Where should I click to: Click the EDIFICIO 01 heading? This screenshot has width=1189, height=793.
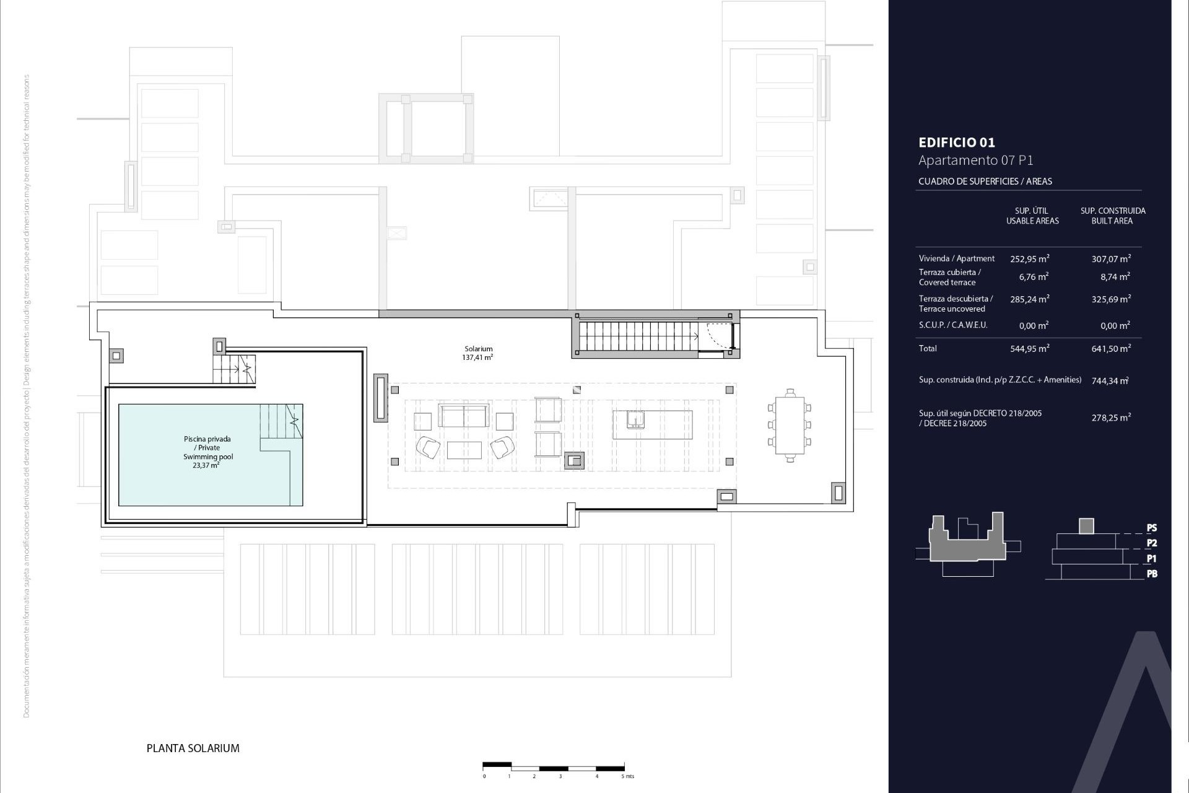957,142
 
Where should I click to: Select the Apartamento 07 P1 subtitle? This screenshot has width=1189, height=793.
975,160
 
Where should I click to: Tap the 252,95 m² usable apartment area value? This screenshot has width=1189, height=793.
1029,259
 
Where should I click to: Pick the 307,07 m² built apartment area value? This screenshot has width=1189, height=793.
1111,259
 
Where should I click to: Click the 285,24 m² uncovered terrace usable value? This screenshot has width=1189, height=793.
1029,299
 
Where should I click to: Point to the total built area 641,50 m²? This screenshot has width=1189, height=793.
1111,349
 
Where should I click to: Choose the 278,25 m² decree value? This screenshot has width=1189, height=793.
1111,418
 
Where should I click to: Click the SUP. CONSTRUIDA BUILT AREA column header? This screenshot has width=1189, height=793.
1113,216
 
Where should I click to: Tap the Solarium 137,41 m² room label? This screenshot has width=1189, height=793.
477,353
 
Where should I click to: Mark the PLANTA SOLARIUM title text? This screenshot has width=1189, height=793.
193,748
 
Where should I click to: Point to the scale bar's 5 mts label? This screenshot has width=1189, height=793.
627,776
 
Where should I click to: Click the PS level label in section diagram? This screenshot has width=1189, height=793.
1151,528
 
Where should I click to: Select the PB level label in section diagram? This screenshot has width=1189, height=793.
1151,574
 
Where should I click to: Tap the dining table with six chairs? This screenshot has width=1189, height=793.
790,425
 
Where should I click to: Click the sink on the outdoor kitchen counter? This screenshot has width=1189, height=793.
635,420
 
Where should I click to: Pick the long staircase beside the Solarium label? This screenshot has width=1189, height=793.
638,336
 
